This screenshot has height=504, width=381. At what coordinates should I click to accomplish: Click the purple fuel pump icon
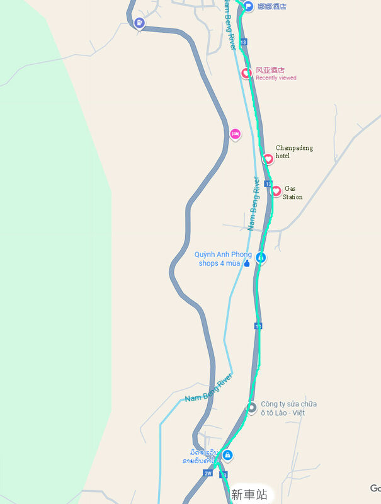[139, 25]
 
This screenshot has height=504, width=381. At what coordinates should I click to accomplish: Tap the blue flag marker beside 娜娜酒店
[248, 6]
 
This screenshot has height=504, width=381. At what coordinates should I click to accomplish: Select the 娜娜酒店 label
[271, 6]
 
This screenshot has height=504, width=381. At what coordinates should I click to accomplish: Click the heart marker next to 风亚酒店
[247, 73]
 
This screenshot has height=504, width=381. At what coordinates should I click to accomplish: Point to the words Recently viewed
[276, 78]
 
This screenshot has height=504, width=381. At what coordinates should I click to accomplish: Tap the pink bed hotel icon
[235, 134]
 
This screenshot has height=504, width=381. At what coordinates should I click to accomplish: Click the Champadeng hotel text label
[294, 152]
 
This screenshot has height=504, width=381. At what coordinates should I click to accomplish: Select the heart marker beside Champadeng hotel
[268, 159]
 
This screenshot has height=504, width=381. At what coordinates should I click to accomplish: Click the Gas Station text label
[293, 192]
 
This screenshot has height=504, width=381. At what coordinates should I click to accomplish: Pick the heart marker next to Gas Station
[276, 191]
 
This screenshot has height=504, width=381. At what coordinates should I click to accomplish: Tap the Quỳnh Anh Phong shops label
[222, 259]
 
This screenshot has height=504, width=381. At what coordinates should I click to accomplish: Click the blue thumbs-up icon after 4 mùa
[246, 263]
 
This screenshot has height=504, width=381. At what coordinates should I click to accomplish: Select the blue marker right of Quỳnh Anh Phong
[260, 258]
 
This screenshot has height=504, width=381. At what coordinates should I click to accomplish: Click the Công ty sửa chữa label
[288, 408]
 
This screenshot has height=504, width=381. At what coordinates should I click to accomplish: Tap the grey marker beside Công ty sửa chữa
[251, 408]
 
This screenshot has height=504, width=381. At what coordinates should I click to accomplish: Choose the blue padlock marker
[227, 455]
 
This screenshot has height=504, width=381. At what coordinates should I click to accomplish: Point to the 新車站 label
[249, 495]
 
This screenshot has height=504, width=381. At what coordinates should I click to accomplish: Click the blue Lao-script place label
[200, 457]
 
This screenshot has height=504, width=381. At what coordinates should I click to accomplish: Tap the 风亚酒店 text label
[270, 71]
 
